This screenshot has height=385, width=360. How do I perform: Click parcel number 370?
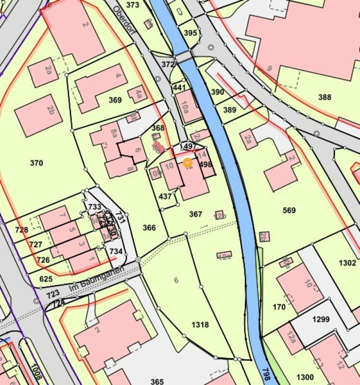(37, 163)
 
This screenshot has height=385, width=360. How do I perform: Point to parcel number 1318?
(200, 325)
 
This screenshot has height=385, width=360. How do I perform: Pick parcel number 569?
(290, 210)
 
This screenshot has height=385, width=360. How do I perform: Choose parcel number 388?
(325, 97)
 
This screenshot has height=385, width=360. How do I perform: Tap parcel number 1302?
(347, 263)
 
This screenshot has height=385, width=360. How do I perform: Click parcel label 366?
(150, 228)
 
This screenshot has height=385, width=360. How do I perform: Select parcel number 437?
(165, 196)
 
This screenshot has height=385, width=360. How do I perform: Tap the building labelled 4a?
(138, 94)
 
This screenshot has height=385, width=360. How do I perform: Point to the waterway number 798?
(266, 374)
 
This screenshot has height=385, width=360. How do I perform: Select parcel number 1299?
(321, 319)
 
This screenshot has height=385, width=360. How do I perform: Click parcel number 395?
(191, 33)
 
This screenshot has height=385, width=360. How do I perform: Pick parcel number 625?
(46, 279)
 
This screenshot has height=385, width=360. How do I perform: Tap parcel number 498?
(206, 164)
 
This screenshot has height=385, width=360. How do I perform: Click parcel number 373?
(132, 5)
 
